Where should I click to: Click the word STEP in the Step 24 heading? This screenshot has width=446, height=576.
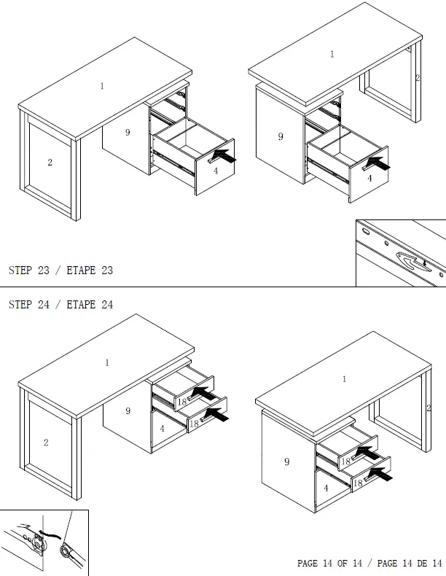[x=20, y=305]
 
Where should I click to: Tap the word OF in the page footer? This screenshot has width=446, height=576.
[x=342, y=563]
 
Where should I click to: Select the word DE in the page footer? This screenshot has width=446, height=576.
[x=422, y=563]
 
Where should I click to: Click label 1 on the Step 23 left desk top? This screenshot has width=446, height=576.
[x=102, y=86]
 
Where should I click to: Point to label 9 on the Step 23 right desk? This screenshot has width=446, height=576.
[x=281, y=136]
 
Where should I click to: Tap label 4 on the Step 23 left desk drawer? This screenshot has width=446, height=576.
[x=216, y=171]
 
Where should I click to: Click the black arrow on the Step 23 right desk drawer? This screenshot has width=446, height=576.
[x=378, y=163]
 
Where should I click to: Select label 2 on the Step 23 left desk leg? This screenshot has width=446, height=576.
[x=50, y=163]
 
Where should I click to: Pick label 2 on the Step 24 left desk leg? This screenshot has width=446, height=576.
[x=46, y=443]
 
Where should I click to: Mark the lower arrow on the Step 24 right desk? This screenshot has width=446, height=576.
[x=380, y=474]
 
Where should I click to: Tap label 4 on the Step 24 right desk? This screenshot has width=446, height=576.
[x=326, y=489]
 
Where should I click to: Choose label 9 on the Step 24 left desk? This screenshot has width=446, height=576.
[x=128, y=410]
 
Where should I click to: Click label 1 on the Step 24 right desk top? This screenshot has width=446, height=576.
[x=344, y=379]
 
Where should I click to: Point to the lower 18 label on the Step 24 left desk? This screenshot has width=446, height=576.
[x=194, y=424]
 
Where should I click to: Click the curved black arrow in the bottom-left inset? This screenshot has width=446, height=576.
[x=50, y=533]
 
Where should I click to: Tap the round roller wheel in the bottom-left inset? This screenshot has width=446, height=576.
[x=66, y=551]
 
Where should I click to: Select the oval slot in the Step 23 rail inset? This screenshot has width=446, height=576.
[x=367, y=232]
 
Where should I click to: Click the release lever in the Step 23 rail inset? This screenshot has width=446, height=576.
[x=413, y=260]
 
